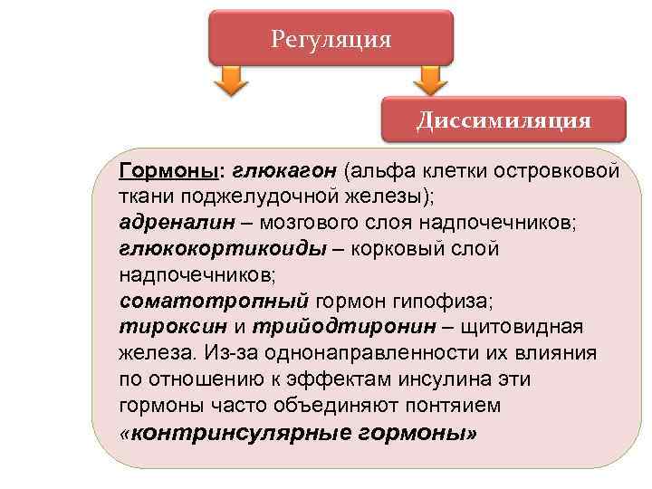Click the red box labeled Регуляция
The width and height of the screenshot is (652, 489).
tap(331, 39)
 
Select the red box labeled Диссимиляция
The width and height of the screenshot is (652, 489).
tap(503, 120)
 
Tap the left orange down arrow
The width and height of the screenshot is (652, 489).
tap(230, 81)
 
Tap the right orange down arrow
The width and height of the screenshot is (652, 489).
tap(432, 81)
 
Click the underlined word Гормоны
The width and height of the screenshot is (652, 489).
tap(171, 171)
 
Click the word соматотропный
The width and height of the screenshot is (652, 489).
tap(214, 299)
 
